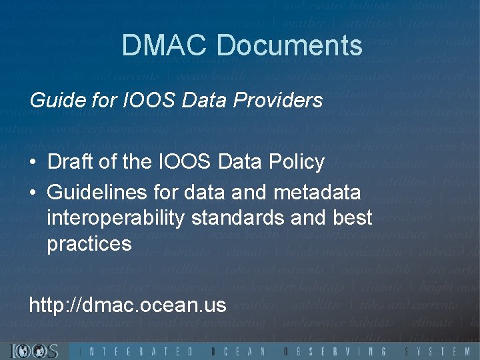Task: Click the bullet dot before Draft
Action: coord(33,162)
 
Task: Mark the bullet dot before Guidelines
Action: coord(33,193)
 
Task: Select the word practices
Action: coord(89,244)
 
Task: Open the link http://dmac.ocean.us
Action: coord(127,305)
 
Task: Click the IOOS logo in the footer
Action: coord(35,351)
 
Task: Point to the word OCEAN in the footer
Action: coord(238,351)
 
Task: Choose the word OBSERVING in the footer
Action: coord(334,351)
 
